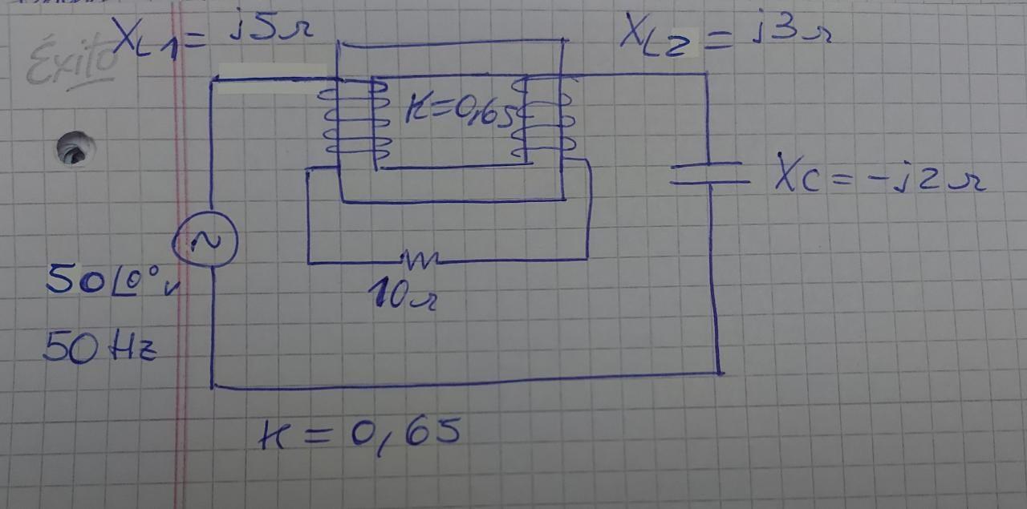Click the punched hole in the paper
click(x=75, y=148)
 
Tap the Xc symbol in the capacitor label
click(x=798, y=173)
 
